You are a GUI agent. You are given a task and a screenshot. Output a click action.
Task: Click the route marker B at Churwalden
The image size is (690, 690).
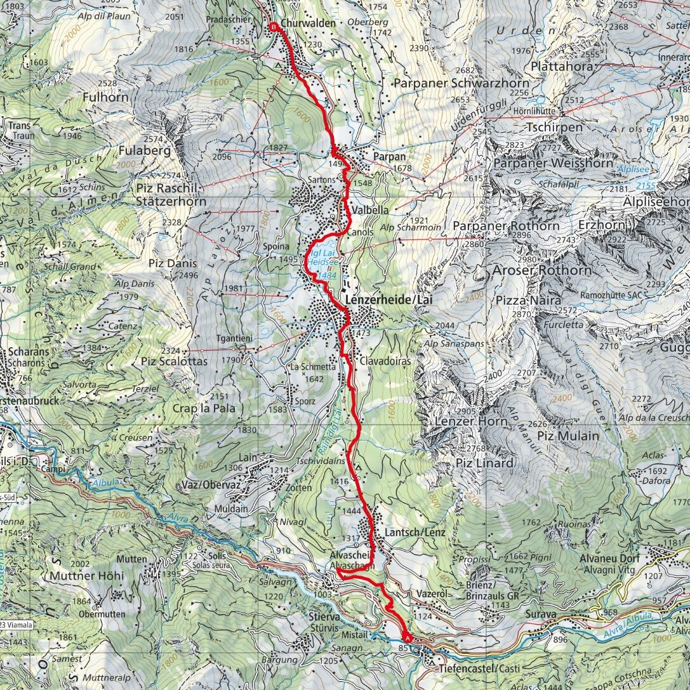click(273, 27)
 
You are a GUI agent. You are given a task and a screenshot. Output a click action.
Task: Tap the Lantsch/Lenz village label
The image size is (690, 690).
click(415, 532)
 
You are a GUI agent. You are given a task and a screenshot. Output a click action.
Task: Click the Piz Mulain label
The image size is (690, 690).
click(567, 435)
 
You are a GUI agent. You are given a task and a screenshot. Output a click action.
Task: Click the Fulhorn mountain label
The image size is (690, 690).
click(105, 98)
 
